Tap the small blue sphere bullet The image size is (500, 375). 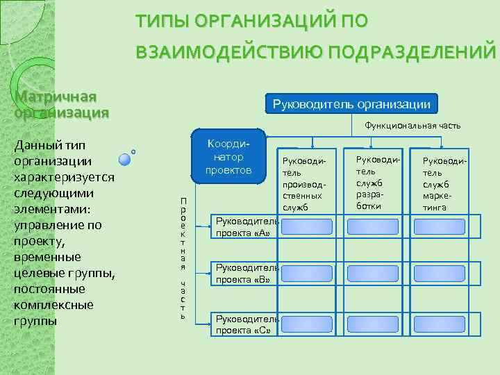coord(125,159)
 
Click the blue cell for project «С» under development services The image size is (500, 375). coord(373,324)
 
